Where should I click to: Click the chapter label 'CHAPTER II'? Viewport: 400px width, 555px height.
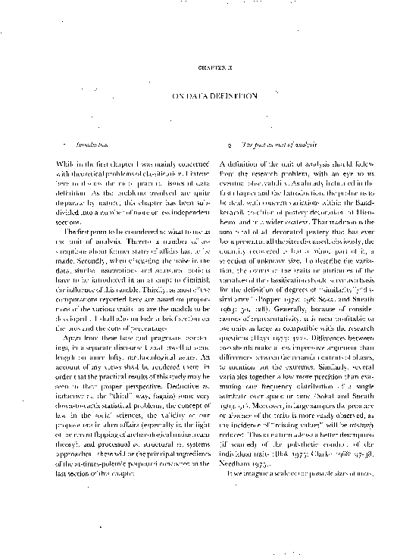pyautogui.click(x=200, y=67)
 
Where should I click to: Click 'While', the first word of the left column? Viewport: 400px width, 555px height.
pyautogui.click(x=67, y=164)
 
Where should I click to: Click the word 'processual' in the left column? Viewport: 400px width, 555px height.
pyautogui.click(x=100, y=444)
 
